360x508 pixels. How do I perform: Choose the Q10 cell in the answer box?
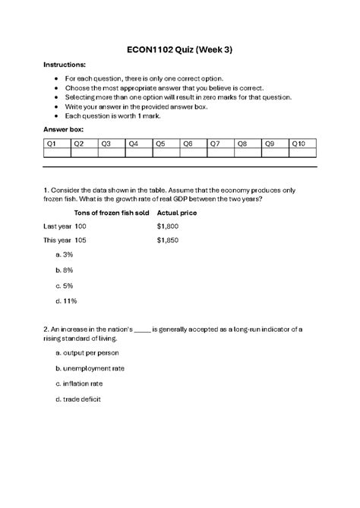click(x=302, y=144)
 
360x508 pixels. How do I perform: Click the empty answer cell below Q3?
click(x=111, y=153)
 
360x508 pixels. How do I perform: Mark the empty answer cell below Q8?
click(x=247, y=153)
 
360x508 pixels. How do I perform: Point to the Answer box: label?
click(x=64, y=130)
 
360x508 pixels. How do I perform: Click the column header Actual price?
click(x=177, y=213)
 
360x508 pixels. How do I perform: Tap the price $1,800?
click(x=167, y=226)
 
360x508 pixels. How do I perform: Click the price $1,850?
click(x=167, y=240)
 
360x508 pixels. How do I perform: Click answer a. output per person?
click(x=87, y=352)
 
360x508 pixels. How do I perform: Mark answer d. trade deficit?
click(x=79, y=399)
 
